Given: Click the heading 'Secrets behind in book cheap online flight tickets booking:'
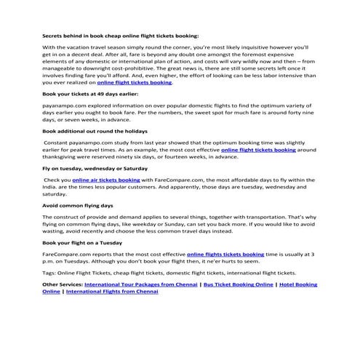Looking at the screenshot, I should coord(120,34).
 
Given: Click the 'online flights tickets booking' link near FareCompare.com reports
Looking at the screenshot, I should coord(225,254).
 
